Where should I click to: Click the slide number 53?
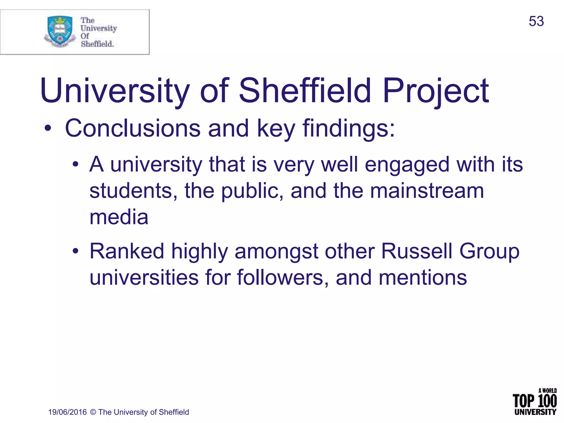[x=536, y=21]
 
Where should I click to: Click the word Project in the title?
[x=436, y=91]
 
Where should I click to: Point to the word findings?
[x=349, y=129]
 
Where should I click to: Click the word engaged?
[x=407, y=164]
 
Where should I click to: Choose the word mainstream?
[x=427, y=191]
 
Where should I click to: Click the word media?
[x=119, y=217]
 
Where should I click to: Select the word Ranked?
[x=127, y=251]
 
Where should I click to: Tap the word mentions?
[x=423, y=277]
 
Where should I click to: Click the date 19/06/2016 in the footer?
[x=67, y=412]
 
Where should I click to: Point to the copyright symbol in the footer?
[x=93, y=412]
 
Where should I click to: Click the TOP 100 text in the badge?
[x=534, y=401]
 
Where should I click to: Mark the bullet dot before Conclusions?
[x=48, y=129]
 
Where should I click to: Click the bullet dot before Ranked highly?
[x=75, y=251]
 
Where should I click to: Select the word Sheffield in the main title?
[x=305, y=91]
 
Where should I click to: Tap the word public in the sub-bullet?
[x=252, y=191]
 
